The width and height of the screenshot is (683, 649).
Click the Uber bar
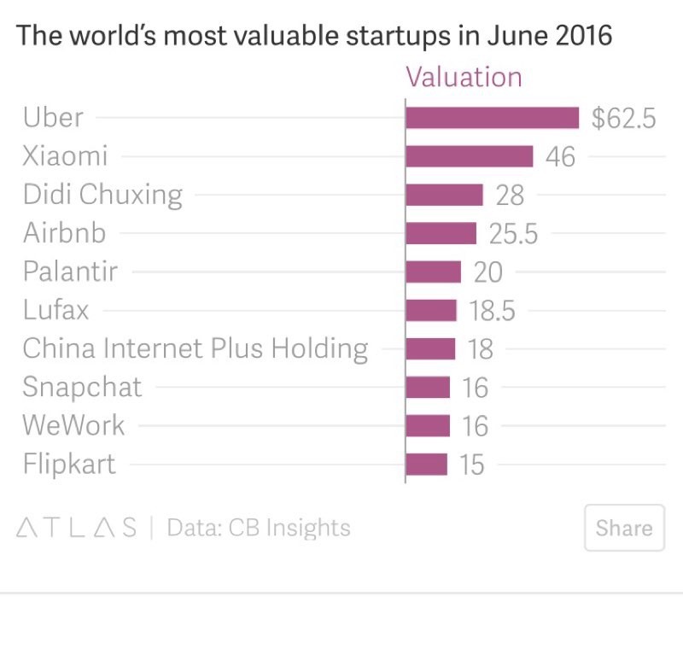coord(492,118)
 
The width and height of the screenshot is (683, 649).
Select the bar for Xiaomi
coord(469,156)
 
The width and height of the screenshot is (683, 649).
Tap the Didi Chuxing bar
coord(444,195)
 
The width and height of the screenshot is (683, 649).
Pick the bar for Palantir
coord(433,272)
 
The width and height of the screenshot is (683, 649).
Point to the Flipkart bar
coord(426,465)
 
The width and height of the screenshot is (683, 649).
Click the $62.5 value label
coord(623,118)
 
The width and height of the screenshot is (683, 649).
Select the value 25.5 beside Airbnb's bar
coord(513,234)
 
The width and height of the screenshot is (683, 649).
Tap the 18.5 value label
coord(493,311)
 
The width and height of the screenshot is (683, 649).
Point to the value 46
coord(560,157)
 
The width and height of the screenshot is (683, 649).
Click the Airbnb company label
coord(64,233)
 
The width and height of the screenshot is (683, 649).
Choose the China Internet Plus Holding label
coord(196,348)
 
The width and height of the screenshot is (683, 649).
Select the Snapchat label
coord(82,387)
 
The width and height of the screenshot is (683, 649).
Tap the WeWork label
coord(73,425)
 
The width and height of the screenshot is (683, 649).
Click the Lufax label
coord(55,310)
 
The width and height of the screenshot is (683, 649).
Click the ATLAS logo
coord(77,527)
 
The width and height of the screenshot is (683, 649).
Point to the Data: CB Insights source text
coord(259,527)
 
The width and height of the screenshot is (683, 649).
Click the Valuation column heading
coord(464,77)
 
